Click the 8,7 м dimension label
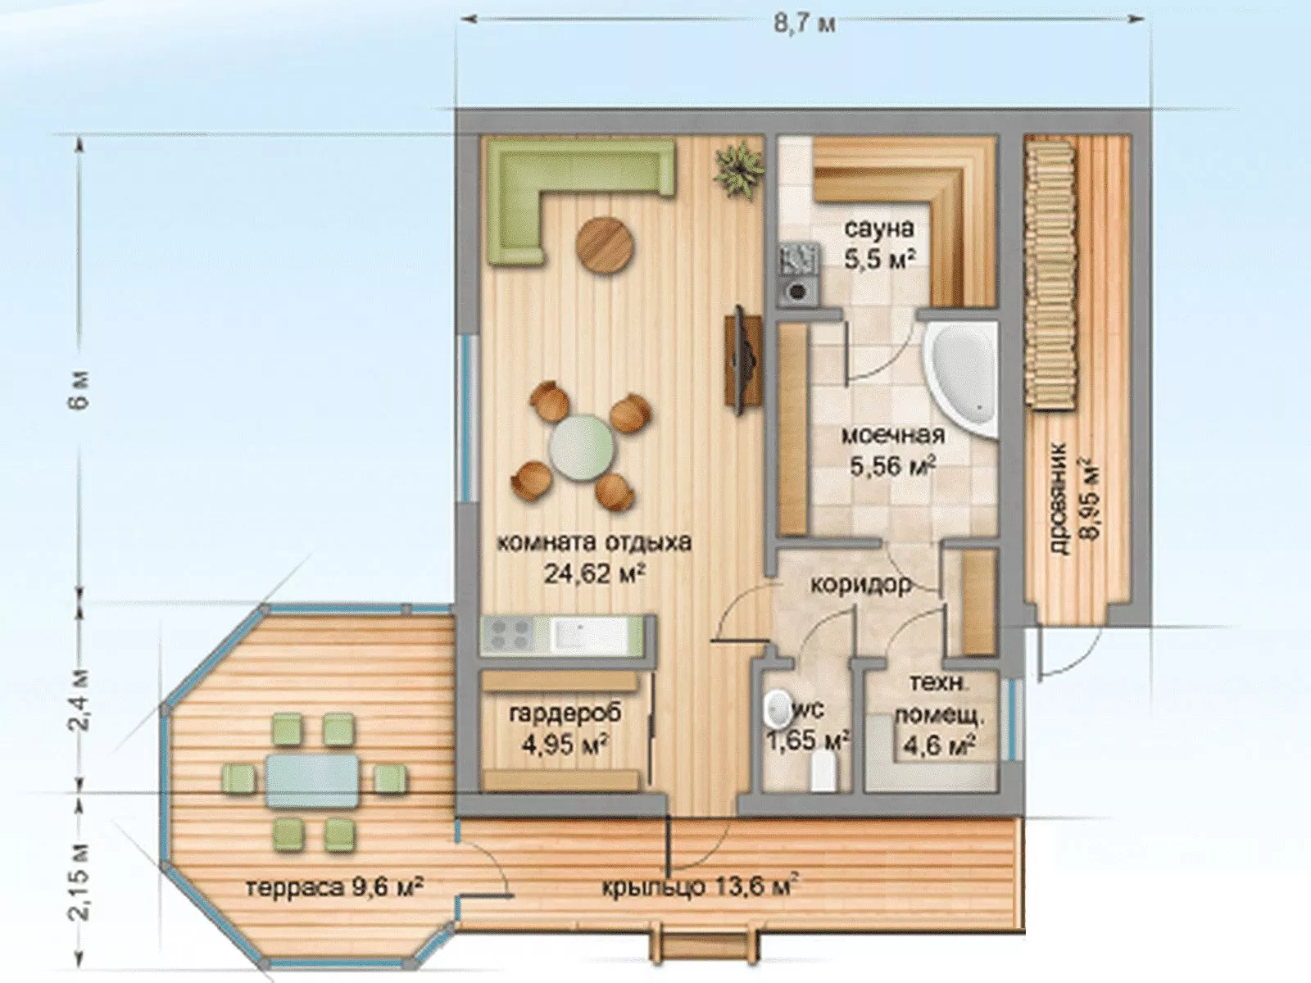tap(805, 25)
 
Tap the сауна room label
tap(879, 228)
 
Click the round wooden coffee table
tap(605, 243)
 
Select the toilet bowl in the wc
tap(777, 711)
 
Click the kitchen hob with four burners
tap(508, 634)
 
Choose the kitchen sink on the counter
tap(574, 634)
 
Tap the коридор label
tap(861, 584)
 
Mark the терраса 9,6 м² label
tap(334, 887)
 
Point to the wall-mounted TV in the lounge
tap(742, 360)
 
